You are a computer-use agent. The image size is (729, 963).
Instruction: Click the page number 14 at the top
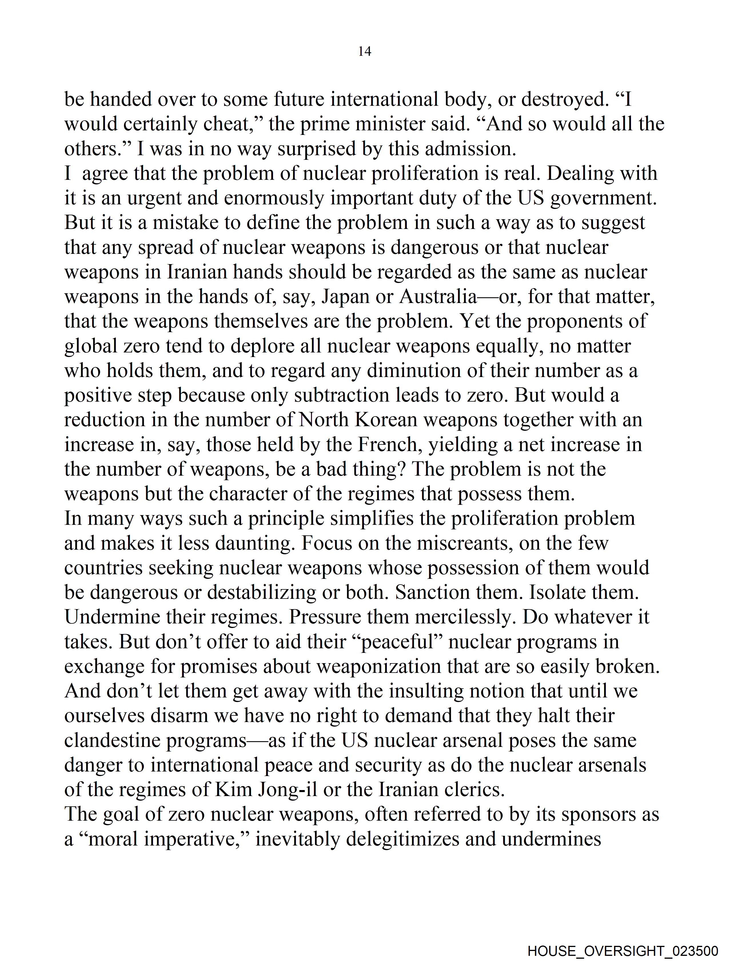pos(364,51)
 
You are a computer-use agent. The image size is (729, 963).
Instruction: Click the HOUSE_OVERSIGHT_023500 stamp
pos(622,950)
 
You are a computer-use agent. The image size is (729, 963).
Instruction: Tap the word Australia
pos(438,297)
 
